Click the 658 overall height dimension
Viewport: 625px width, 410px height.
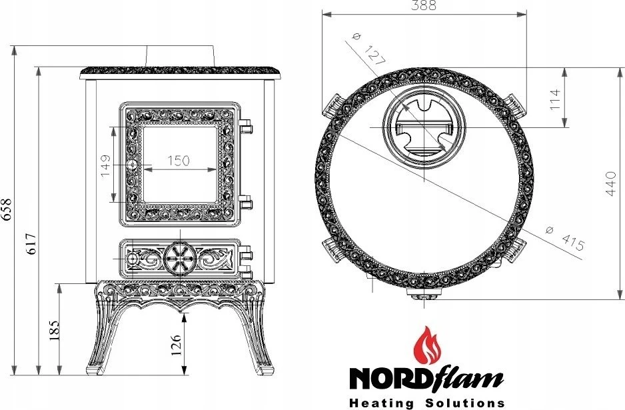click(7, 209)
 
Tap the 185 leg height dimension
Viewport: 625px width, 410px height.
click(54, 329)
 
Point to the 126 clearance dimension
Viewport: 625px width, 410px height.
click(176, 345)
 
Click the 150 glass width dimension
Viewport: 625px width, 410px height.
click(179, 160)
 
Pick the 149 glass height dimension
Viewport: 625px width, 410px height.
click(105, 166)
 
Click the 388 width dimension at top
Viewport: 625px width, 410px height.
click(424, 5)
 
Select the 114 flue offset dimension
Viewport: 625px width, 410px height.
click(554, 99)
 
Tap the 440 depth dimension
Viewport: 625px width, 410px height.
click(610, 183)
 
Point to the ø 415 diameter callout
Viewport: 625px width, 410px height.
click(565, 238)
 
